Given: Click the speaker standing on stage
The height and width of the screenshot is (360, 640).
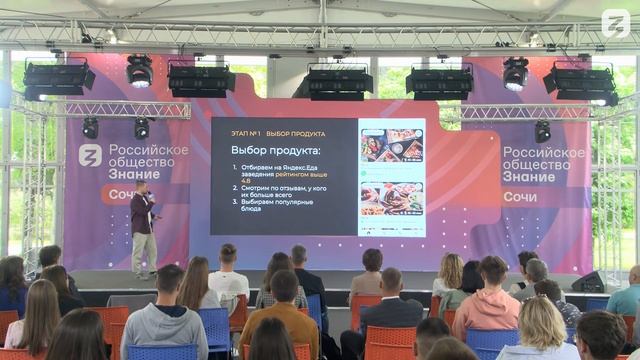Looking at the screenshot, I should coord(144,228).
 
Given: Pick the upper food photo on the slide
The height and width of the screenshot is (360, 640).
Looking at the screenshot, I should coord(391,145).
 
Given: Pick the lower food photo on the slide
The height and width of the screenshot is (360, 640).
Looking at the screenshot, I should coord(391,197).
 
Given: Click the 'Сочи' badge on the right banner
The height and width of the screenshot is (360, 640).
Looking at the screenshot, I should coord(520,196).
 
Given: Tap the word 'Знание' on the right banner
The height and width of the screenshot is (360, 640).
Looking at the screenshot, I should coord(529,176).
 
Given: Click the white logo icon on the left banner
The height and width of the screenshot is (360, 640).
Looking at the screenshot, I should coord(90,156).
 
